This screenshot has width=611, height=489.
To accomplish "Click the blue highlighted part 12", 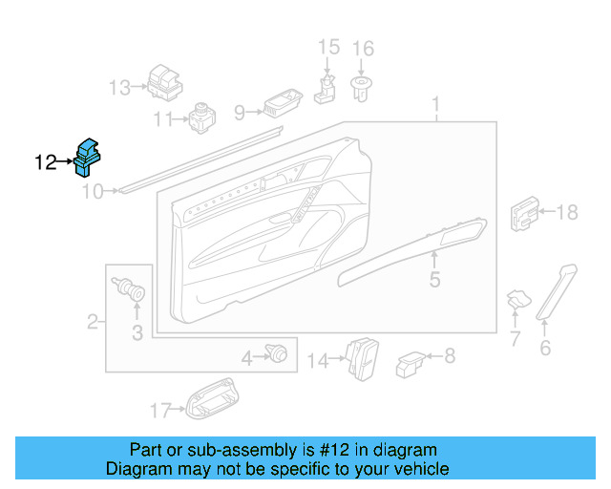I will click(x=89, y=157).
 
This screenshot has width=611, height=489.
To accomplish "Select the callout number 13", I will click(x=119, y=88).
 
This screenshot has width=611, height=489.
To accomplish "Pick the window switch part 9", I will click(x=283, y=103).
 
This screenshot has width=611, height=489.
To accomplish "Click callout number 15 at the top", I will click(x=327, y=48).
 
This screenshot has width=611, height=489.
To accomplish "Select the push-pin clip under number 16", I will click(x=362, y=90).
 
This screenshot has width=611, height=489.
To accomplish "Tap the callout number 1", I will click(x=436, y=103).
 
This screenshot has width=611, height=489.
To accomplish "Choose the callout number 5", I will click(x=434, y=280).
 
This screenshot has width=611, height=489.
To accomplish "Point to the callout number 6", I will click(x=545, y=348).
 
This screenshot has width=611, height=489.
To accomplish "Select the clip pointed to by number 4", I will click(x=278, y=353).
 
